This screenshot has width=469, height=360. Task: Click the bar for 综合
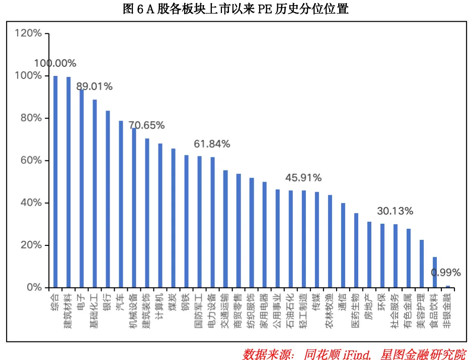[55, 182]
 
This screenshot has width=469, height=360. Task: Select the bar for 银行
[108, 199]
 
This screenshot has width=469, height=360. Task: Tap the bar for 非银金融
[448, 287]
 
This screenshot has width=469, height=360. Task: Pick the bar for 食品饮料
[435, 272]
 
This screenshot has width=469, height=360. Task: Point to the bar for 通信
[343, 245]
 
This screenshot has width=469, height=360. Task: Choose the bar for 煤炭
[173, 218]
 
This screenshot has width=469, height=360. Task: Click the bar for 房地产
[369, 254]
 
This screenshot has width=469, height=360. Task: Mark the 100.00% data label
[55, 63]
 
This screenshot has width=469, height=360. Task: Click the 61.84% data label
[212, 144]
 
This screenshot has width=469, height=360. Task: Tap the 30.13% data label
[395, 211]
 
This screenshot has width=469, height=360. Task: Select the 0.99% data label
[446, 273]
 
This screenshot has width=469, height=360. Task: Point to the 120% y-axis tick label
[28, 33]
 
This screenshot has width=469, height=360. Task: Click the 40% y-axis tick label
[31, 203]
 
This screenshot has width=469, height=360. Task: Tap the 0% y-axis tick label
[34, 288]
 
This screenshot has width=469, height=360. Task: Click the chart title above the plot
[236, 9]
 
